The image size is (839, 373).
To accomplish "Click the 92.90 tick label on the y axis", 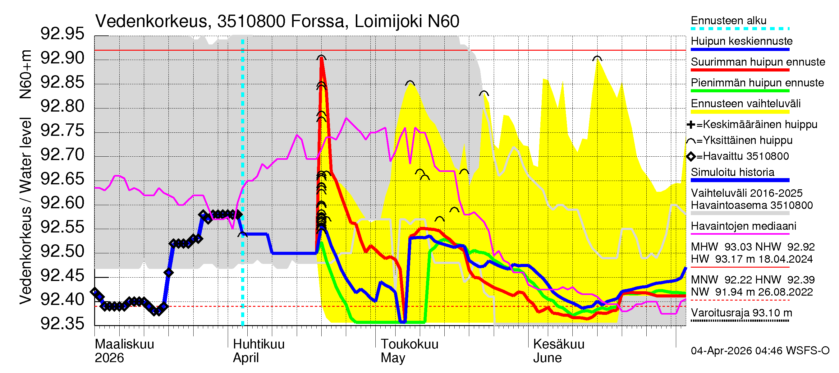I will coord(62,58).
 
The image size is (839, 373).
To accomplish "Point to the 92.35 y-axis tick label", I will coord(62,324).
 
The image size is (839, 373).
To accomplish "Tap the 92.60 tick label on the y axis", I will coord(62,203).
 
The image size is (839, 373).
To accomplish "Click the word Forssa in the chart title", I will coord(317,21).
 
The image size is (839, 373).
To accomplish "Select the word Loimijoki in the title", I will coord(388,21).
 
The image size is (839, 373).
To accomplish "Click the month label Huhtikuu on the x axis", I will coord(259,344).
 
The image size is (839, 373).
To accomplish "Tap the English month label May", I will coord(393,358).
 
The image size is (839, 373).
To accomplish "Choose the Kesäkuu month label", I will coord(559,344).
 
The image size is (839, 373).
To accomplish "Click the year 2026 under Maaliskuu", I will coord(109,358).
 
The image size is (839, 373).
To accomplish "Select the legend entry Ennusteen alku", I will coord(728,21).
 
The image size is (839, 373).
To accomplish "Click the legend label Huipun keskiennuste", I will coord(741,41).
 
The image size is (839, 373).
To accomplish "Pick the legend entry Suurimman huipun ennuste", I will coord(758,62).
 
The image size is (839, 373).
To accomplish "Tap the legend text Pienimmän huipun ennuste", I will coord(757,83).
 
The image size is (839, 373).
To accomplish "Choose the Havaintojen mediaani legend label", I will coord(743,226).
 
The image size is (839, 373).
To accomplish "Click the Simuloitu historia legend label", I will coord(732,172).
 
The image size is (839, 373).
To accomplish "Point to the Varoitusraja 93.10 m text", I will coord(741,313).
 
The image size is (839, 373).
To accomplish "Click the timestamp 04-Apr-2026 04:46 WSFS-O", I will coord(760,351).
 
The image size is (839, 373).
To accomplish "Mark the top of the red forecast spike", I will coord(322,58).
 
